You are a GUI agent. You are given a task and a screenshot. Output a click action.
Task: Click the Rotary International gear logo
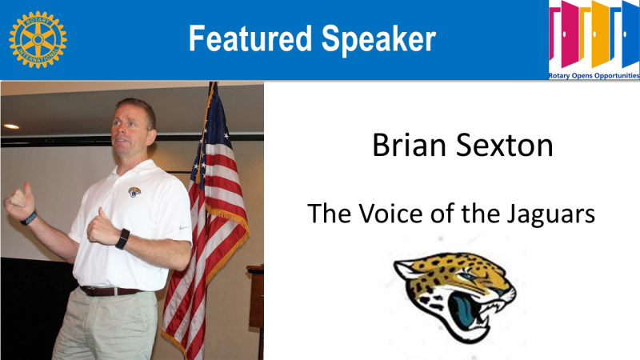pos(38,39)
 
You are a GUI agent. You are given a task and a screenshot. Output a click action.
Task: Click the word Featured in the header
pos(250,38)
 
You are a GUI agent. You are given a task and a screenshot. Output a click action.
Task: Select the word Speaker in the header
pos(378,39)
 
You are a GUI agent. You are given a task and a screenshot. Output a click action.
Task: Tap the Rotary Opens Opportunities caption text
pos(594,75)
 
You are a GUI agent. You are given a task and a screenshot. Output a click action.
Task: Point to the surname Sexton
pos(505,146)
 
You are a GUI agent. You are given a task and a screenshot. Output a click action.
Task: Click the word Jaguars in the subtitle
pos(550,214)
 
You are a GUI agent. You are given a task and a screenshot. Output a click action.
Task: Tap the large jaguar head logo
pos(455,296)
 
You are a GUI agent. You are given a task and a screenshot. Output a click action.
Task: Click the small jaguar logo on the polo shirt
pos(134,192)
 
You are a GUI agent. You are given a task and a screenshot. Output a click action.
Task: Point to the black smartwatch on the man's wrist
pos(122,239)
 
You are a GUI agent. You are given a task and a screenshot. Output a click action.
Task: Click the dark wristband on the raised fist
pos(29,218)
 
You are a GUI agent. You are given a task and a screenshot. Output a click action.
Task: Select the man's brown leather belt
pos(110,291)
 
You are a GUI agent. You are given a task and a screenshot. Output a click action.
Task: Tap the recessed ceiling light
pos(11,126)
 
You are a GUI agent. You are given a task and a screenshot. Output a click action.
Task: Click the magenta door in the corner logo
pos(570,34)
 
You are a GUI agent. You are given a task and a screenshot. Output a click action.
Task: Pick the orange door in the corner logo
pos(601,34)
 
